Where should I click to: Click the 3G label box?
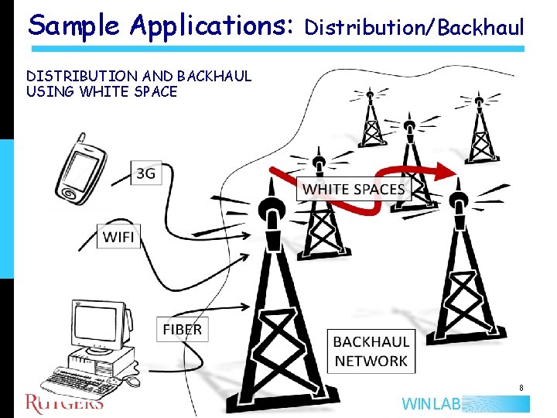pyautogui.click(x=145, y=173)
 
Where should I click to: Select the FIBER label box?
pyautogui.click(x=182, y=329)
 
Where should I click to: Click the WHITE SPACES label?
pyautogui.click(x=354, y=189)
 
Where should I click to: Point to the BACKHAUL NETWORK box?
pyautogui.click(x=371, y=351)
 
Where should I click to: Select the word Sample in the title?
pyautogui.click(x=74, y=26)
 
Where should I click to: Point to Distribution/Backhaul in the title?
pyautogui.click(x=415, y=29)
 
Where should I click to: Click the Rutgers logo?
pyautogui.click(x=64, y=402)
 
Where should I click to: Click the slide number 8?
pyautogui.click(x=521, y=388)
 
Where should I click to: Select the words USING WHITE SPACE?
pyautogui.click(x=101, y=91)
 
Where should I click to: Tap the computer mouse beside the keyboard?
pyautogui.click(x=133, y=382)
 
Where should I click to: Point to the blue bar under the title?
pyautogui.click(x=276, y=49)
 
